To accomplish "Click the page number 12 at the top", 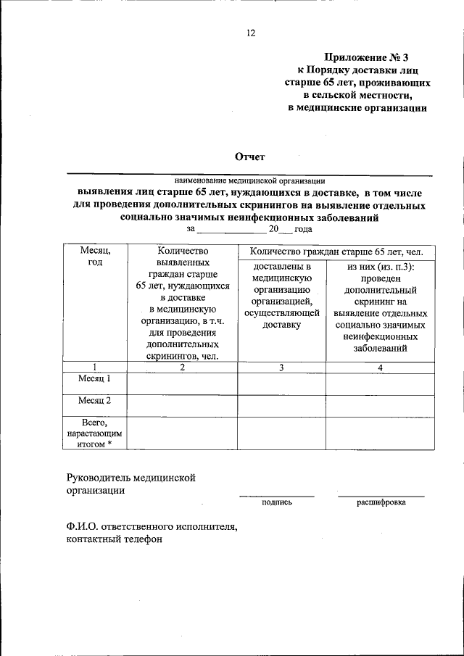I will click(x=250, y=33).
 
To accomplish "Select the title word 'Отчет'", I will click(x=250, y=157).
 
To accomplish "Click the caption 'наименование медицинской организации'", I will click(x=249, y=180).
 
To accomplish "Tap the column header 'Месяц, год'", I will click(x=95, y=256).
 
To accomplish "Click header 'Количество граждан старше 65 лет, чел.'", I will click(x=336, y=252).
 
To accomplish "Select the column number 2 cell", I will click(x=183, y=367).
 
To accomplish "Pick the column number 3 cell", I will click(x=281, y=367).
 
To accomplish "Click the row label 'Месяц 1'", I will click(x=95, y=378).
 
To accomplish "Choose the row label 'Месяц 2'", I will click(x=95, y=400).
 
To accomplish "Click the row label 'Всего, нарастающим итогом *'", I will click(x=95, y=433).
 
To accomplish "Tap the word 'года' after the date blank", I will click(x=303, y=228).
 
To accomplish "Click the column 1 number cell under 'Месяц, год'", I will click(x=95, y=367).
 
